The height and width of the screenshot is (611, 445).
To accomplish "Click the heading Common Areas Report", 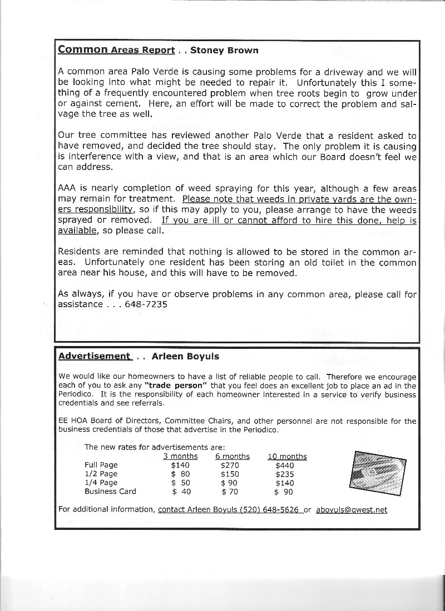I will click(x=116, y=50).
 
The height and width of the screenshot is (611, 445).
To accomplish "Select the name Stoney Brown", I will click(x=224, y=51).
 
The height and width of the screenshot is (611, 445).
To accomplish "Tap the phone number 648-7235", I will click(x=147, y=304).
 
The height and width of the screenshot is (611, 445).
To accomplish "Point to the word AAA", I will click(x=68, y=188).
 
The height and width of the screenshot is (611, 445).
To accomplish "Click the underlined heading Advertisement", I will click(x=94, y=356).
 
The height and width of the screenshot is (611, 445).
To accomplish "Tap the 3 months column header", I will click(x=180, y=457).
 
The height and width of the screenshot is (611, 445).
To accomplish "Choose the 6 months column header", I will click(x=233, y=457).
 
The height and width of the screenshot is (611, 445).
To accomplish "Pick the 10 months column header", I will click(x=287, y=457).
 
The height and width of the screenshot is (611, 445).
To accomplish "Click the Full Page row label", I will click(x=101, y=465).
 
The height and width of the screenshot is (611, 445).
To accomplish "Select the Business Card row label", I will click(x=110, y=491).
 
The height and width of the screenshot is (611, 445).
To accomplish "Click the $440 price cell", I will click(x=285, y=465).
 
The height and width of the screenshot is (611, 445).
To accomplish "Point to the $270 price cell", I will click(x=230, y=465).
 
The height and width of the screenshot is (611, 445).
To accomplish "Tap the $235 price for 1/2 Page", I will click(x=285, y=474).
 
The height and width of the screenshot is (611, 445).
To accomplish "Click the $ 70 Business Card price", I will click(x=230, y=492).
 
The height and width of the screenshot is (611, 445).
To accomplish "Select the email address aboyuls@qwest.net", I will click(x=352, y=509).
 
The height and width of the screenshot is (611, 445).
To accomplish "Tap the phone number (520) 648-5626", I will click(x=269, y=509).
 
